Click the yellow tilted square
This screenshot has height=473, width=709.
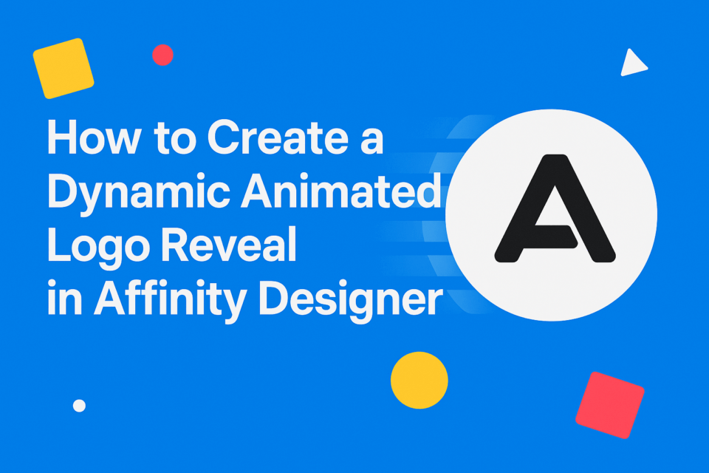[64, 68]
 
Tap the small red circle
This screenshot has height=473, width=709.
[162, 55]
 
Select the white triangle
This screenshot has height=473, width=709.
[632, 64]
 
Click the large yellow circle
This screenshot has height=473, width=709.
[419, 380]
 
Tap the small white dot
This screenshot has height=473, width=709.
[80, 405]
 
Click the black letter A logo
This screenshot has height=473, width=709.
[554, 208]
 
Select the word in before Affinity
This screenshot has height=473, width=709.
[61, 302]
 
